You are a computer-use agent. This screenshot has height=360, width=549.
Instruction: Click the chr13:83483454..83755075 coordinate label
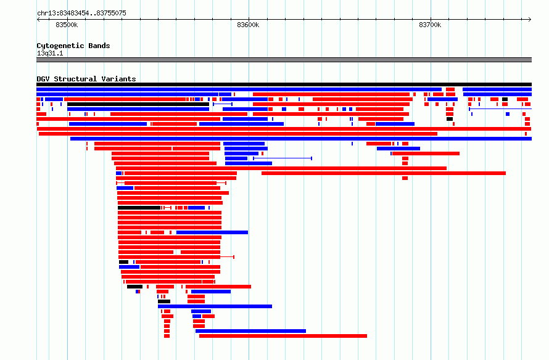[81, 13]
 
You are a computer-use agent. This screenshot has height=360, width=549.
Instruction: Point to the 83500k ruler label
[67, 25]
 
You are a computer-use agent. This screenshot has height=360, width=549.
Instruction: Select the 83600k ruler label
[248, 25]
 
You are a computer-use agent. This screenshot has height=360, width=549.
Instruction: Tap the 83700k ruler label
[430, 25]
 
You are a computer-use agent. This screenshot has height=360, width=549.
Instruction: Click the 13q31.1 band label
[50, 53]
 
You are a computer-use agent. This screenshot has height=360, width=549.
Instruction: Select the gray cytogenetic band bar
[284, 60]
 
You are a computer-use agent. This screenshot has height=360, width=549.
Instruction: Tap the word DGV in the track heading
[43, 79]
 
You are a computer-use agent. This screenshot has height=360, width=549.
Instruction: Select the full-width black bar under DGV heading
[284, 84]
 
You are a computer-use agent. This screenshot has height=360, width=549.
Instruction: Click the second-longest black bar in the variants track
[138, 104]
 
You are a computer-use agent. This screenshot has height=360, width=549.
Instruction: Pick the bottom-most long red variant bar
[283, 336]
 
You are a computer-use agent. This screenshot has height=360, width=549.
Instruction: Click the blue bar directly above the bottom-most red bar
[250, 331]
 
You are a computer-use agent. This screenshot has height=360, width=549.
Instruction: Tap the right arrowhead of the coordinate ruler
[530, 20]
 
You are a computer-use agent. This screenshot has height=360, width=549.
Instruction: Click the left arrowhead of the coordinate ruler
[38, 20]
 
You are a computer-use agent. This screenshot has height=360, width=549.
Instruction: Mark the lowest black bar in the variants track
[164, 301]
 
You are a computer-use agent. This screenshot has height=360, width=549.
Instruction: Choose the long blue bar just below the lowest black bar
[215, 306]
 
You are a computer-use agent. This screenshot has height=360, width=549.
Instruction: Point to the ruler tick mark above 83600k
[249, 19]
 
